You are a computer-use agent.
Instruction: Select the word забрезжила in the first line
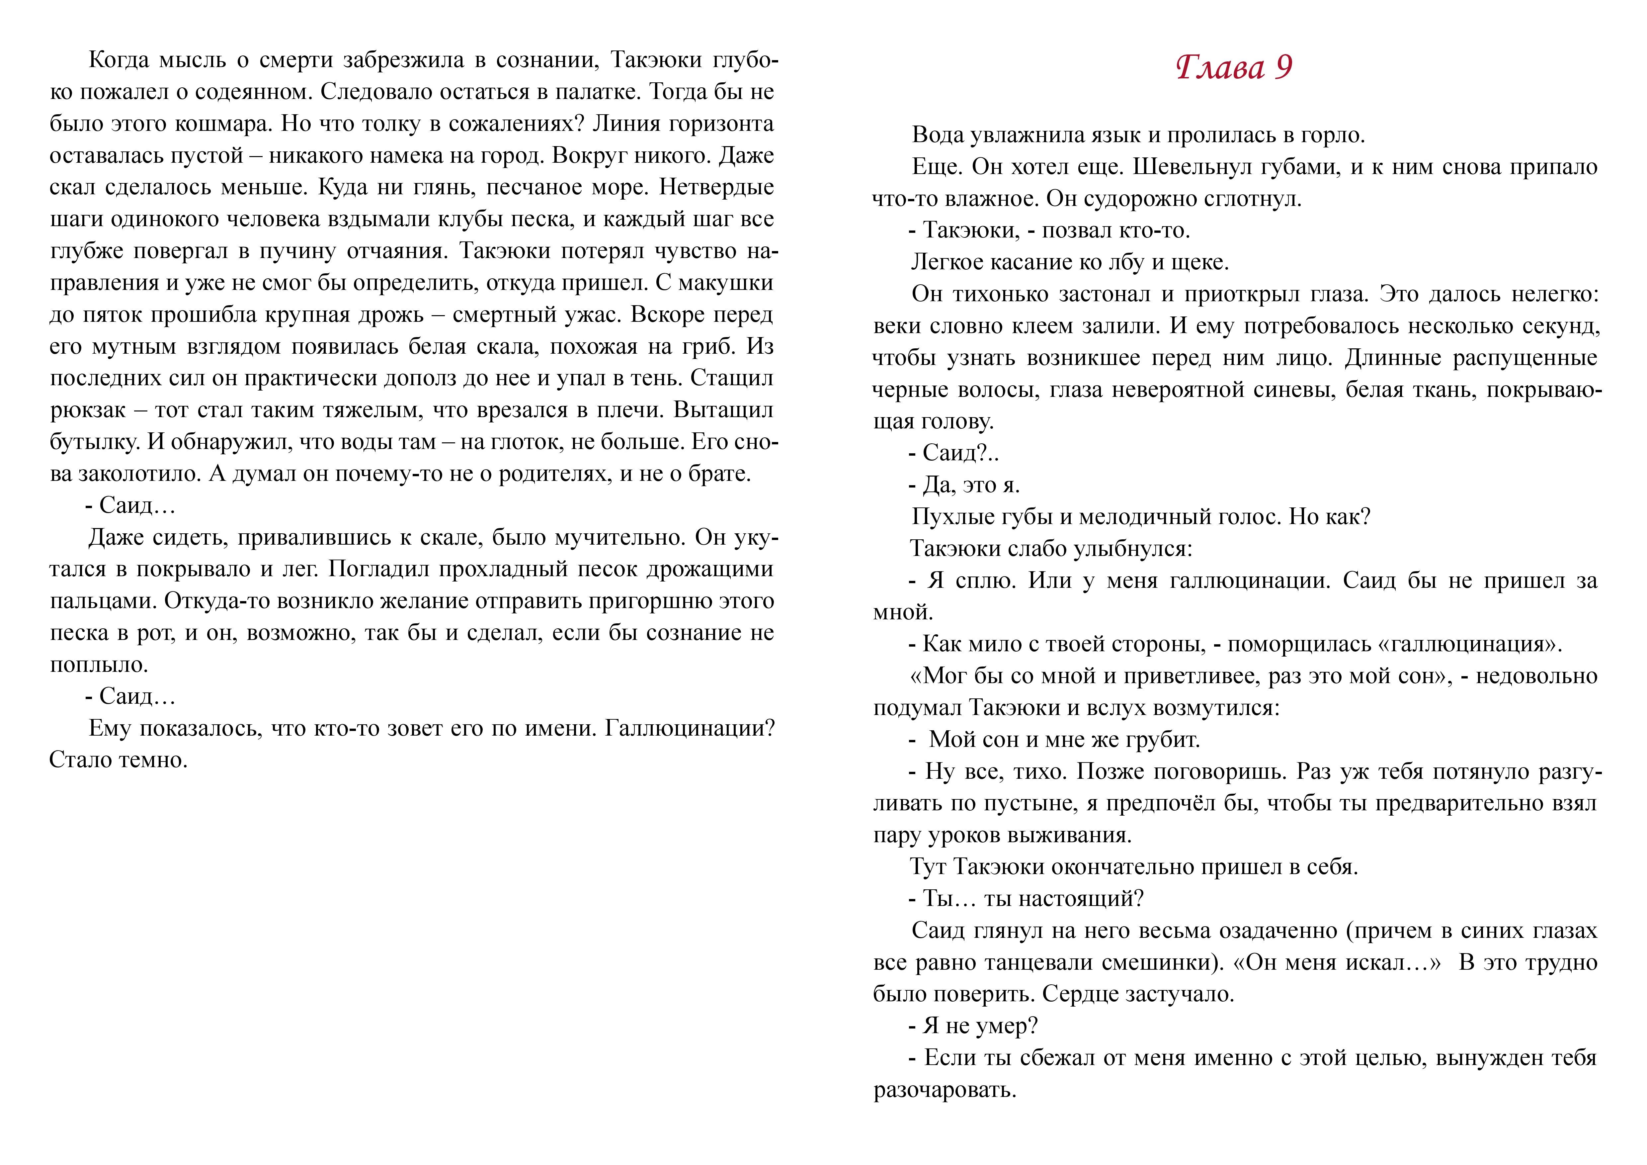click(x=404, y=60)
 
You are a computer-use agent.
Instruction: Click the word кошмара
click(x=222, y=124)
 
